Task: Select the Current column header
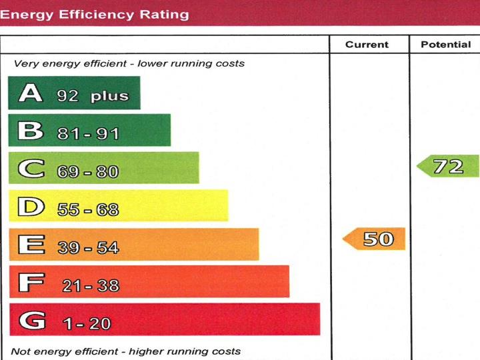click(x=367, y=45)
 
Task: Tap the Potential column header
click(x=445, y=45)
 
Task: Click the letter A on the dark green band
click(x=31, y=93)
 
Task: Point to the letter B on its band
click(x=31, y=131)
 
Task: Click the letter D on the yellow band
click(x=31, y=207)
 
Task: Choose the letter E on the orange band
click(x=31, y=245)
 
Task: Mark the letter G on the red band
click(x=32, y=321)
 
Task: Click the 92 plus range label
click(x=93, y=96)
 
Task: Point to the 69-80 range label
click(x=88, y=172)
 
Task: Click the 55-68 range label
click(x=88, y=210)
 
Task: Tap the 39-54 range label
click(x=88, y=248)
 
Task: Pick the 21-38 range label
click(x=90, y=286)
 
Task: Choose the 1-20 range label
click(x=87, y=324)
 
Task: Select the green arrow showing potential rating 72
click(x=449, y=166)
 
